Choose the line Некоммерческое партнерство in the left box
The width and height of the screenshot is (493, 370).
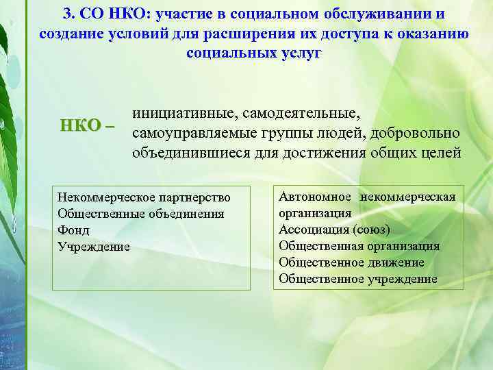(x=144, y=197)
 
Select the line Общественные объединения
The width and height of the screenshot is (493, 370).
(x=141, y=214)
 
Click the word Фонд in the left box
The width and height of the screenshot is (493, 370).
(x=74, y=230)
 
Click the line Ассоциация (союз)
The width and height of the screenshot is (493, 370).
(x=334, y=230)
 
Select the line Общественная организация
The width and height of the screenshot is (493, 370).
(x=359, y=246)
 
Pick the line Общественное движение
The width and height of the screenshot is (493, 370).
(x=351, y=262)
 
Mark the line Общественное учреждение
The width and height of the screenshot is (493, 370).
(x=357, y=279)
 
